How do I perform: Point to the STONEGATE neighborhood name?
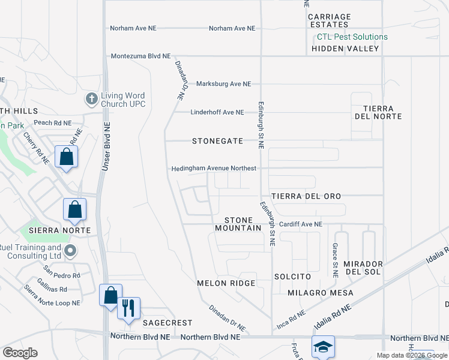click(x=217, y=141)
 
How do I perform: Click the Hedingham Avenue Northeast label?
click(x=214, y=169)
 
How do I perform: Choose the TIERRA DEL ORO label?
click(x=306, y=196)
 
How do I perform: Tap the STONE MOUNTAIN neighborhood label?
click(x=238, y=224)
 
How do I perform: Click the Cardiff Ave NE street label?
click(x=300, y=224)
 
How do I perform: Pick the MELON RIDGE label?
click(x=226, y=283)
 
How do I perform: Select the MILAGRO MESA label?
click(x=320, y=293)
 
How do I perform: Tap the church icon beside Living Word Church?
click(x=91, y=98)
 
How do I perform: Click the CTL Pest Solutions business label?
click(x=352, y=37)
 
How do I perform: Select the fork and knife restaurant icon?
click(x=128, y=308)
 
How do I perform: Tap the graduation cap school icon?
click(x=323, y=347)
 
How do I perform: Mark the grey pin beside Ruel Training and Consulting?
click(x=70, y=251)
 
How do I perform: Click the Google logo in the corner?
click(x=20, y=353)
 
